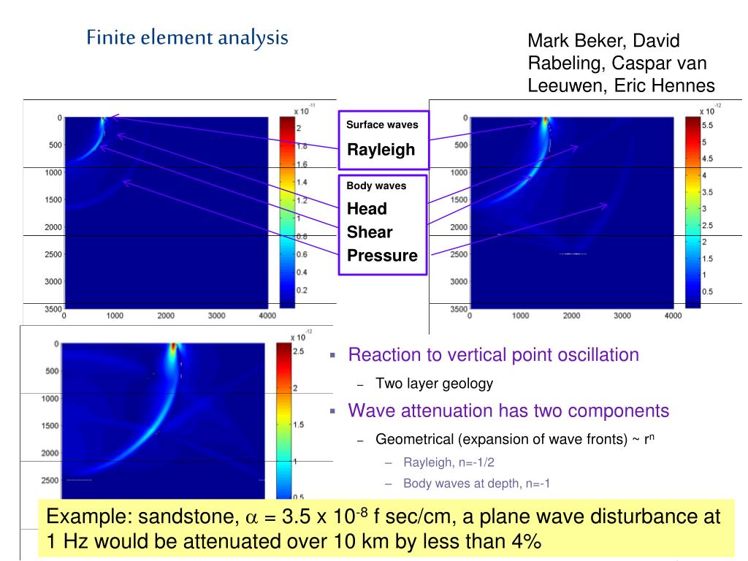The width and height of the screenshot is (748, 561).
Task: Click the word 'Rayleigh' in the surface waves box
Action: pyautogui.click(x=381, y=150)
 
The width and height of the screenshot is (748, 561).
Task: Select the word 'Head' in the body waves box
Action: pyautogui.click(x=367, y=209)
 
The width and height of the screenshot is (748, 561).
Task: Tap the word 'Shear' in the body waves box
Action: pyautogui.click(x=370, y=232)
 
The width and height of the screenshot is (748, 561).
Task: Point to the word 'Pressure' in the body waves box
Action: pyautogui.click(x=382, y=256)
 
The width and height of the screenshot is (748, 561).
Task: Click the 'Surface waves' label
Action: pyautogui.click(x=382, y=125)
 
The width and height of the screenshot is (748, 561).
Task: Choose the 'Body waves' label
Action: pyautogui.click(x=376, y=186)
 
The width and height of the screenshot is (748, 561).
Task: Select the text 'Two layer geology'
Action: pyautogui.click(x=434, y=383)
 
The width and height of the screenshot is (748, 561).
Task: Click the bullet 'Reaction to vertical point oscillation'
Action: pyautogui.click(x=493, y=356)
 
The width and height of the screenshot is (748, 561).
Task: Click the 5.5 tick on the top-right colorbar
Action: pyautogui.click(x=707, y=126)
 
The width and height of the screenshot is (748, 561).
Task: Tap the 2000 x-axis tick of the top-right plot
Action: pyautogui.click(x=571, y=316)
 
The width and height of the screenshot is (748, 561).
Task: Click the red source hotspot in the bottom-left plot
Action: pyautogui.click(x=173, y=347)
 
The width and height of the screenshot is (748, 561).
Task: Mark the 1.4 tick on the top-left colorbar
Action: pyautogui.click(x=301, y=182)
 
